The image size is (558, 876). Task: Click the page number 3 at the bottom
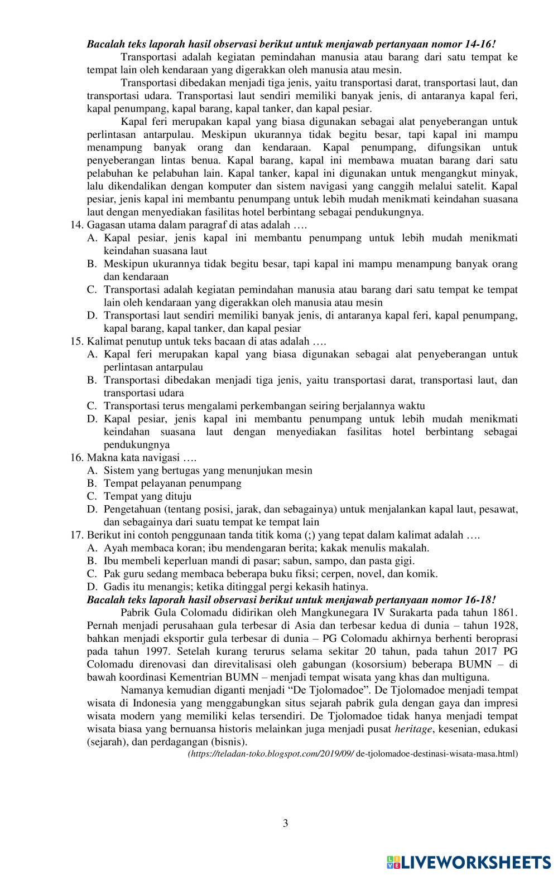coord(286,823)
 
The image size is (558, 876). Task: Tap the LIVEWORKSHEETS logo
coord(468,862)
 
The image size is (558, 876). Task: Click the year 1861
coord(506,613)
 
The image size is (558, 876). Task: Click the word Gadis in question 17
coord(117,587)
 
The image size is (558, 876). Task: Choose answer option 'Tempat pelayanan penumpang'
coord(172,483)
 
